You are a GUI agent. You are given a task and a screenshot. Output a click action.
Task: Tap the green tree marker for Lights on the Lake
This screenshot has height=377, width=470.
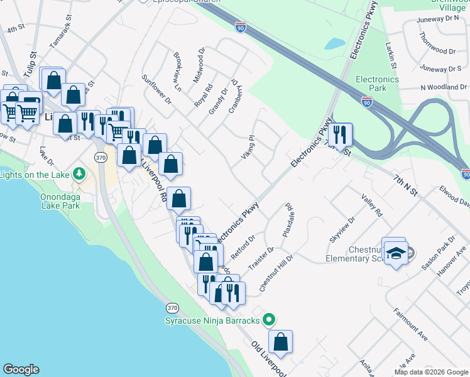[x=79, y=173]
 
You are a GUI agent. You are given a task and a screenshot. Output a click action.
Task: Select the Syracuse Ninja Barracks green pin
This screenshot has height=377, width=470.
[x=269, y=320]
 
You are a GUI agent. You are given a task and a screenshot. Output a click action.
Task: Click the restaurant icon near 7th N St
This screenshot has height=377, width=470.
[x=340, y=134]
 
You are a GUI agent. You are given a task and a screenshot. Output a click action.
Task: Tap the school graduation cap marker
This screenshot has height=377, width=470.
[x=396, y=253]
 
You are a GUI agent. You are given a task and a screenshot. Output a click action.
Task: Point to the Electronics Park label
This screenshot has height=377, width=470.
[x=377, y=84]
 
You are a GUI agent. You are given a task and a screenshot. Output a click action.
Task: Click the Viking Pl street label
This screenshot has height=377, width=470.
[x=248, y=146]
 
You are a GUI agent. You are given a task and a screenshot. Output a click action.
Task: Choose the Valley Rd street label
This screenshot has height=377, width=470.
[x=371, y=205]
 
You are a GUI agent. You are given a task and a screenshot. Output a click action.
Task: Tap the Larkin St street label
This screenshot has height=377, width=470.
[x=392, y=56]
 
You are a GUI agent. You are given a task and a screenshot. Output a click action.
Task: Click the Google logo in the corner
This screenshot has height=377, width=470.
[x=21, y=369]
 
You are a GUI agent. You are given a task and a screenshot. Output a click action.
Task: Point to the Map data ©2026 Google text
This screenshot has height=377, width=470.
[x=430, y=372]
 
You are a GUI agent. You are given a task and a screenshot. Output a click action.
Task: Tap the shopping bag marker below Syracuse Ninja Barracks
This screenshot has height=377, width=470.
[x=281, y=342]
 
